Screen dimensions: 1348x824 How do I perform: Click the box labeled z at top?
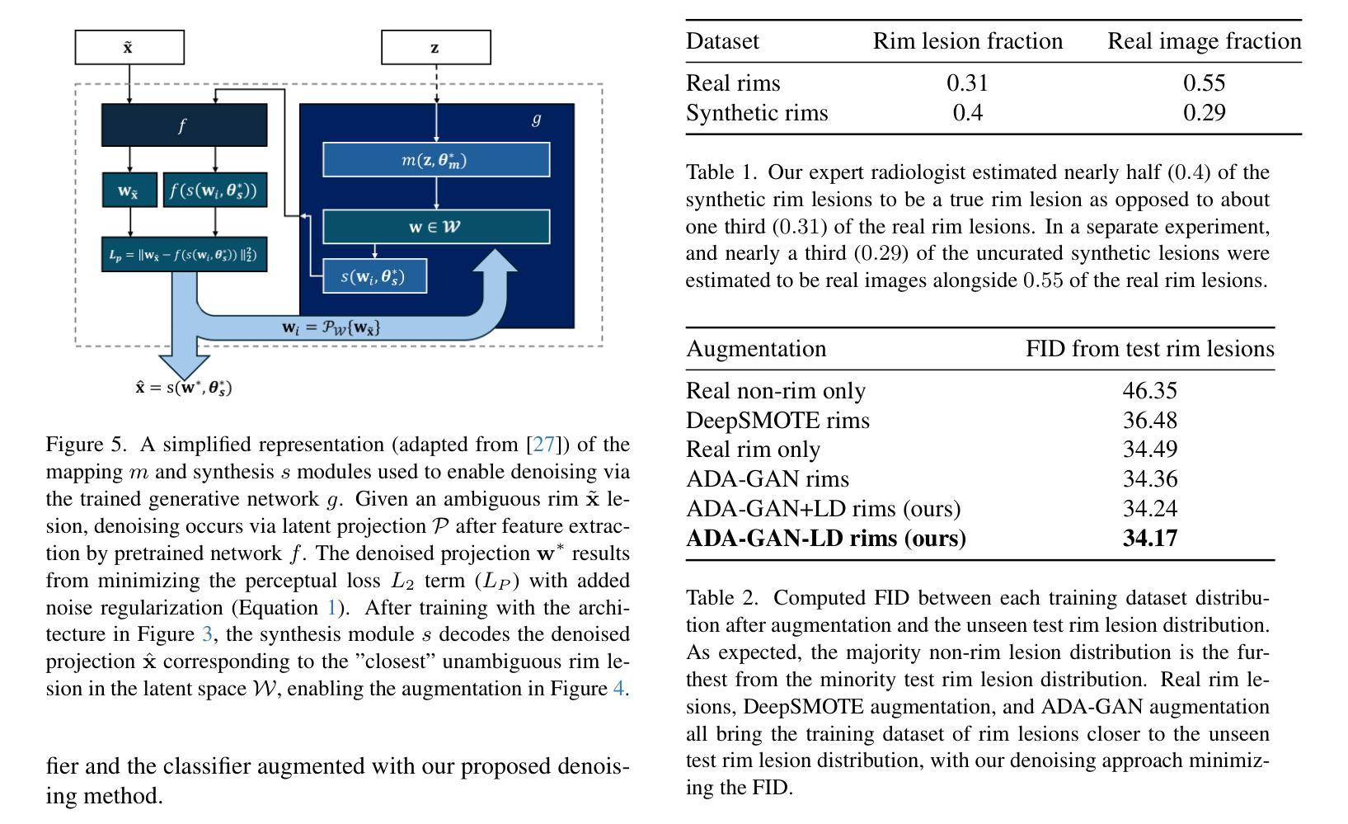click(435, 47)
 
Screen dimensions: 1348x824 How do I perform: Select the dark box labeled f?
click(184, 125)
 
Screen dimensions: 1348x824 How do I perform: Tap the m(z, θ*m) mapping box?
click(436, 159)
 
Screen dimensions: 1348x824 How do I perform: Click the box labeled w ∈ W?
click(436, 226)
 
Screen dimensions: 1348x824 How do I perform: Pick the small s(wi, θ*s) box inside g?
click(375, 276)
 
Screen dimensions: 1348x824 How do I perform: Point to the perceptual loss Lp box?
click(184, 255)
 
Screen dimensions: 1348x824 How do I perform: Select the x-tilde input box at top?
click(129, 47)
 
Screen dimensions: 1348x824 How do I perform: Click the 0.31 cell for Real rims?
click(967, 82)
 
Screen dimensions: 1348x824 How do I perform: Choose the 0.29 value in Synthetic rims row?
click(1205, 112)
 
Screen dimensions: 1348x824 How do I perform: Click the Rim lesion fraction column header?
click(968, 41)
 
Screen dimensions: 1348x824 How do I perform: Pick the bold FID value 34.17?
click(1150, 538)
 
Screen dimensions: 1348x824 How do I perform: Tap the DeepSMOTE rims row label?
click(777, 420)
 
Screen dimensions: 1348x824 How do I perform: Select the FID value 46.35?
click(1150, 390)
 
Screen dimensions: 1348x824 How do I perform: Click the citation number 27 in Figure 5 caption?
click(543, 445)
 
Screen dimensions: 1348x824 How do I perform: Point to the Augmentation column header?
click(756, 349)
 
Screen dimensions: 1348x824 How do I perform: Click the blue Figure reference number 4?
click(618, 688)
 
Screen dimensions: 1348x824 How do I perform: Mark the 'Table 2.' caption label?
click(721, 598)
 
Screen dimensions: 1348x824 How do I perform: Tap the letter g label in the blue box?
click(536, 119)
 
